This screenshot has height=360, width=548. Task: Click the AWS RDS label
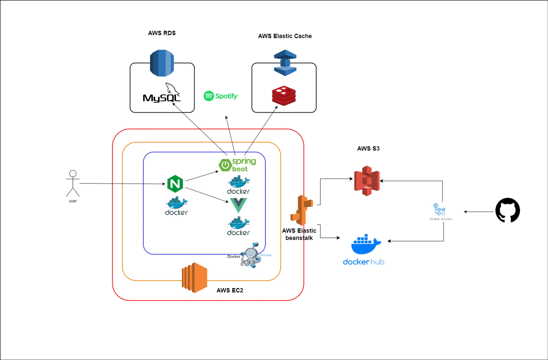point(162,33)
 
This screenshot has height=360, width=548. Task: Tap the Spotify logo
point(221,96)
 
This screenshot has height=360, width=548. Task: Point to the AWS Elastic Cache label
point(285,36)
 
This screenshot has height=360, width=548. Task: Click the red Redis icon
point(284,96)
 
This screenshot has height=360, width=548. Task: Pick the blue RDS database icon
point(162,63)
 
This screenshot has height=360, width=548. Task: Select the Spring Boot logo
point(237,165)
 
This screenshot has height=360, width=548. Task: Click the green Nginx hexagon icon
point(175,184)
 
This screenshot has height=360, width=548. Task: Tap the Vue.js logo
point(238,205)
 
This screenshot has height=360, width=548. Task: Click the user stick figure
point(73,184)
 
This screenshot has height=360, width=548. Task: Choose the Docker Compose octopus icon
point(250,255)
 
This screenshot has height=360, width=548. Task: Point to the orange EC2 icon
point(195,278)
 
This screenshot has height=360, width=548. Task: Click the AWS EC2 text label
point(230,290)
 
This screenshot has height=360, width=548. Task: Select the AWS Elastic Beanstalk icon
point(302,210)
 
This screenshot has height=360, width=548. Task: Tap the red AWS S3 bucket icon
point(367,181)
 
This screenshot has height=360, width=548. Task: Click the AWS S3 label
point(368,148)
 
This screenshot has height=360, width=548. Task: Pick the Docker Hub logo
point(364,250)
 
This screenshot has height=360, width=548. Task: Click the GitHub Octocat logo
point(507,210)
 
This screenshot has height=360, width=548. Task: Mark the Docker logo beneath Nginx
point(176,206)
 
